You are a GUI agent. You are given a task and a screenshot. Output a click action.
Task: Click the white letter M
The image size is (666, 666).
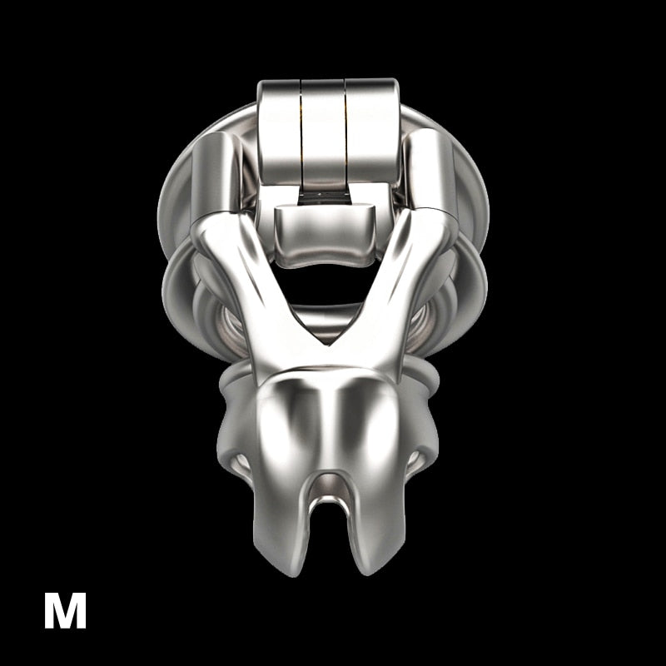[65, 610]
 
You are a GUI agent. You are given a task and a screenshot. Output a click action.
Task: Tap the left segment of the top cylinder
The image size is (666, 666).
[279, 136]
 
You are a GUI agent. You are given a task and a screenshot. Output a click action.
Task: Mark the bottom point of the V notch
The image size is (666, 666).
[328, 345]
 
